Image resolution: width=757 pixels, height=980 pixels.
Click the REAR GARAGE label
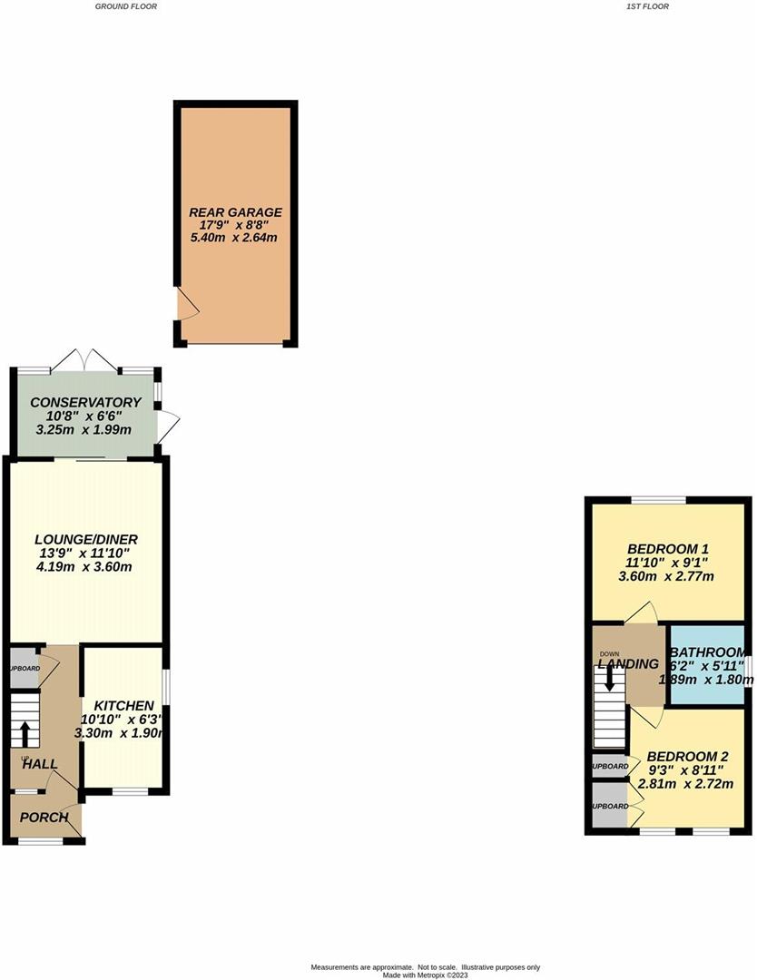tap(235, 212)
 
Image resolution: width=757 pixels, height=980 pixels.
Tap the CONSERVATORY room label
tap(85, 402)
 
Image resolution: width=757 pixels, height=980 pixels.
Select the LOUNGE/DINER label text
tap(87, 539)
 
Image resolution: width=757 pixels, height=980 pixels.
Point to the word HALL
tap(41, 765)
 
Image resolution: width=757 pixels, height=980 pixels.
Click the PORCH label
tap(44, 817)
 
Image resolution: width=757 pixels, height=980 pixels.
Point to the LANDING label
tap(627, 663)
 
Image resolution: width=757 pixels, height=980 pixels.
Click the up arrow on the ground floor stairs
tap(25, 732)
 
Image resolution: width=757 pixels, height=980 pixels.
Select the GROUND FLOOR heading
tap(126, 6)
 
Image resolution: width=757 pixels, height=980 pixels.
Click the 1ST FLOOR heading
tap(647, 6)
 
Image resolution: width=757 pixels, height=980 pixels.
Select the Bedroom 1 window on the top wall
tap(659, 499)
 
